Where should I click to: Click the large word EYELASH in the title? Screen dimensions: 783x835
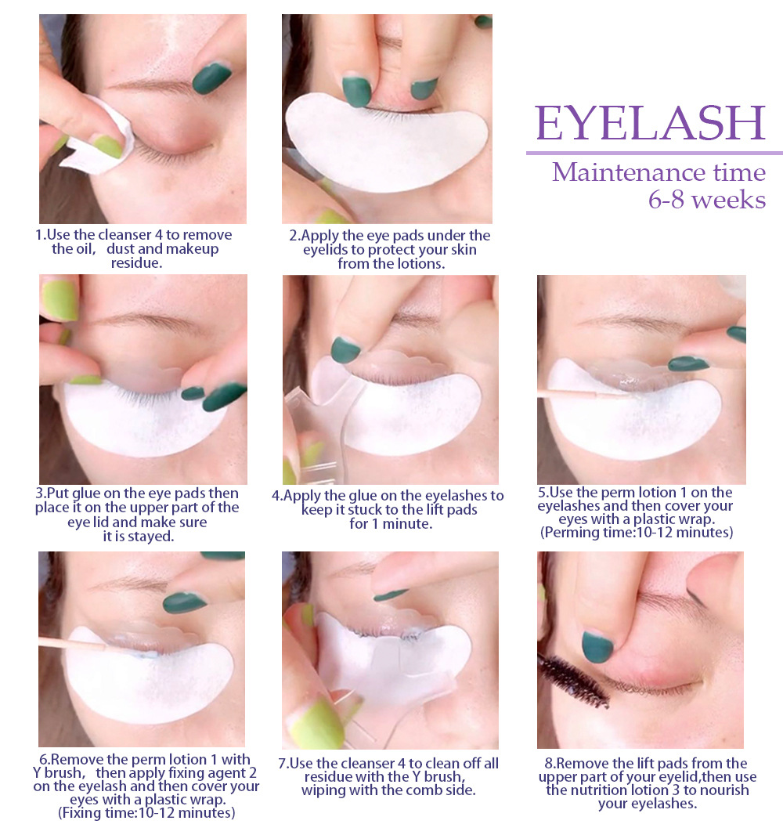[651, 123]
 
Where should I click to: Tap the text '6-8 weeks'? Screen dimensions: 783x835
[707, 200]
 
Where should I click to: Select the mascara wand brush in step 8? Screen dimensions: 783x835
[573, 679]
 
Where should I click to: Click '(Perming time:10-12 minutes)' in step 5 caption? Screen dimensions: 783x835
[637, 533]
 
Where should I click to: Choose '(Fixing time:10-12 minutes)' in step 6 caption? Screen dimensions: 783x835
[146, 813]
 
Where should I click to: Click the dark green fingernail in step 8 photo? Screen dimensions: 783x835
[597, 646]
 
